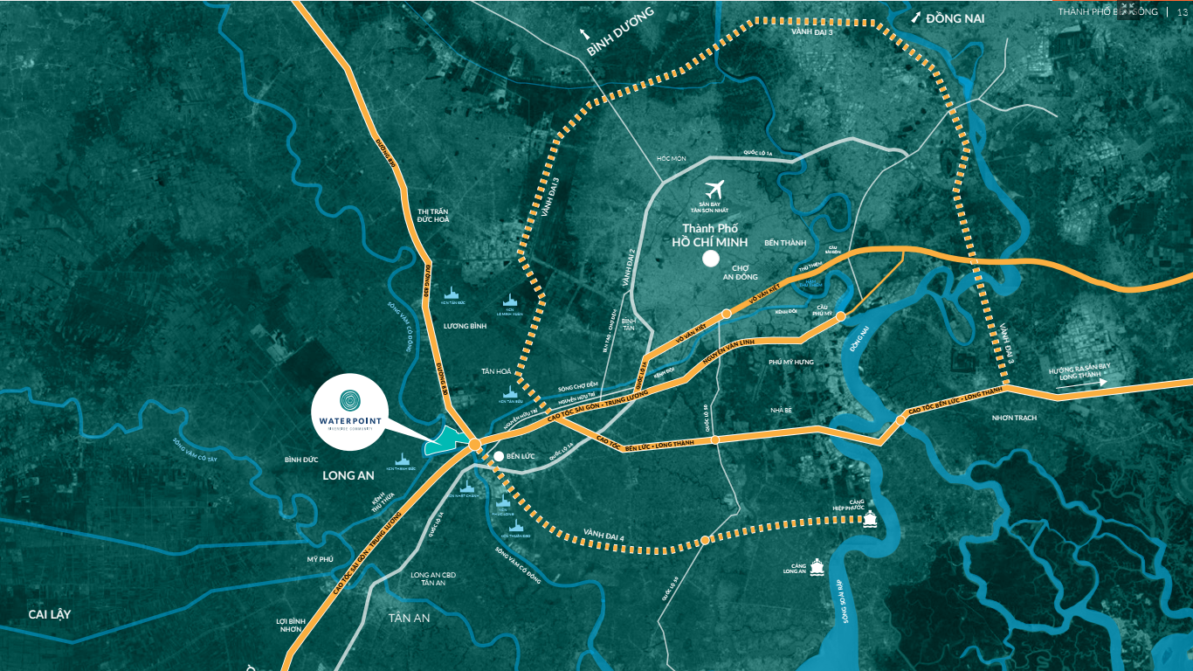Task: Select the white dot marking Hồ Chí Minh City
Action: [x=711, y=259]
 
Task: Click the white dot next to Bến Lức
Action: [x=498, y=456]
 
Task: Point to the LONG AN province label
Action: [x=348, y=476]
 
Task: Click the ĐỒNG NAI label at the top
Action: [x=955, y=17]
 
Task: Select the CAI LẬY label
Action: [x=49, y=614]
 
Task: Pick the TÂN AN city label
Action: [x=410, y=618]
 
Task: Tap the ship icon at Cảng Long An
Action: [x=817, y=566]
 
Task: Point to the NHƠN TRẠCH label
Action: [x=1014, y=418]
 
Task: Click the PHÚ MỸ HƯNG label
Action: [x=791, y=362]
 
